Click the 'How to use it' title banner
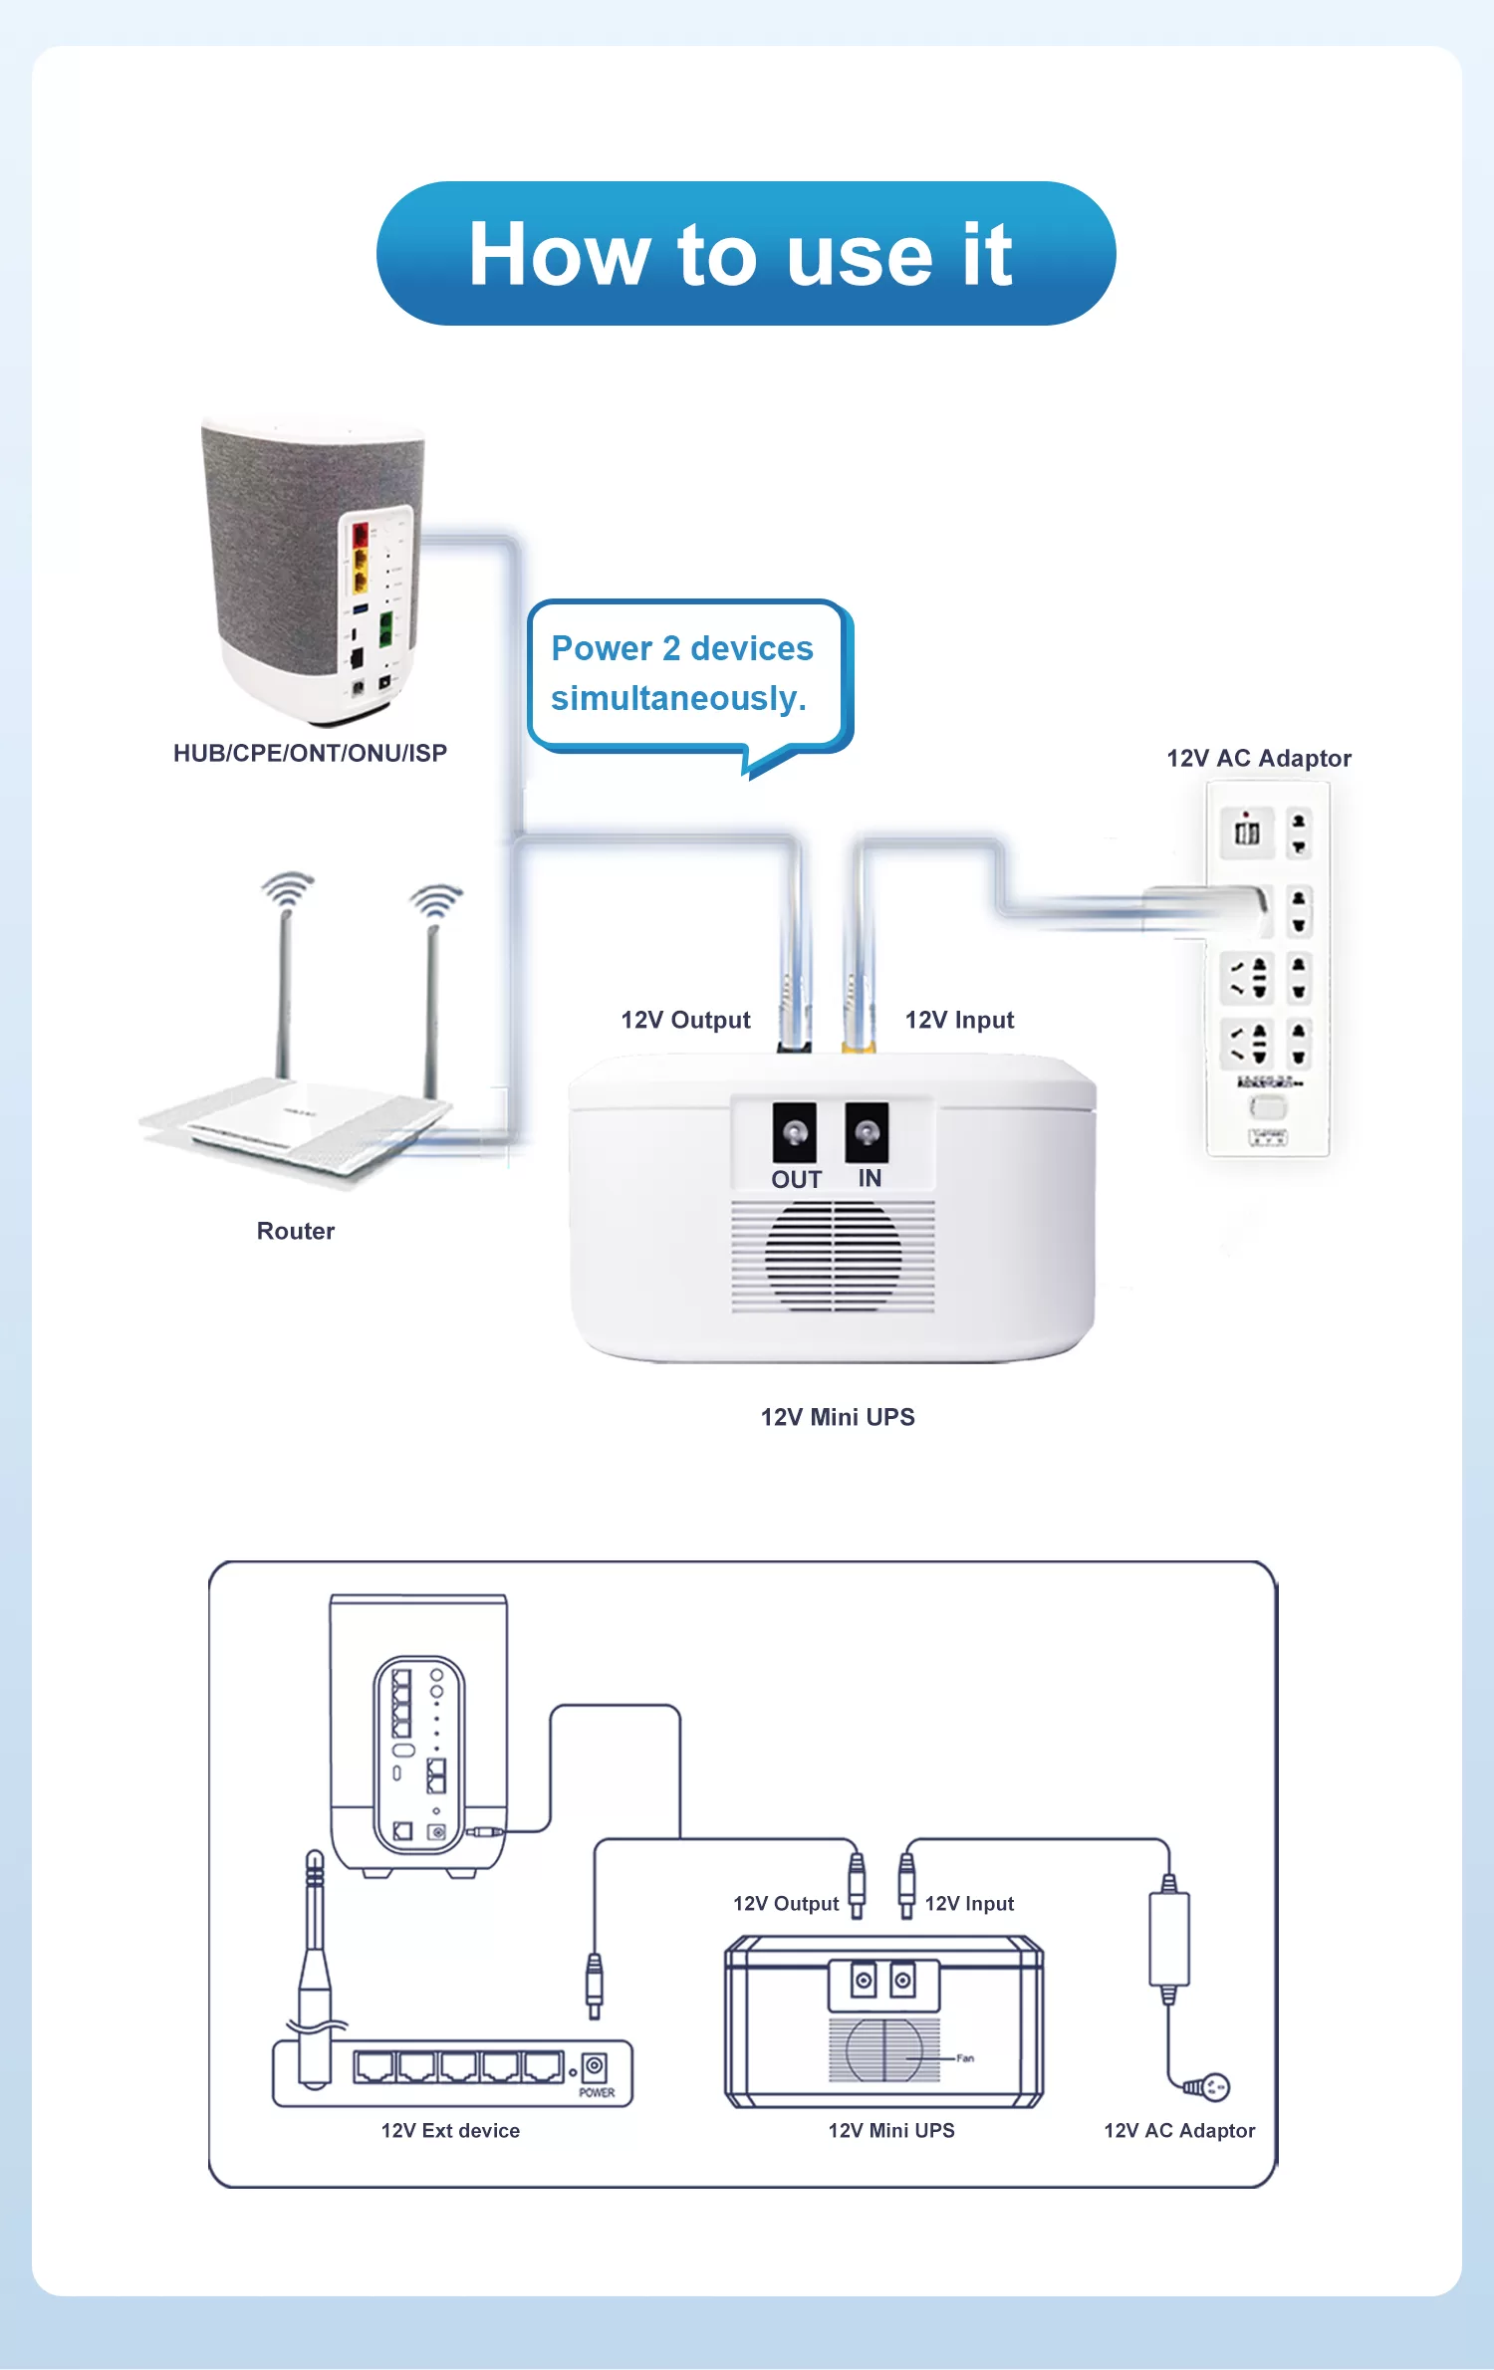click(x=745, y=253)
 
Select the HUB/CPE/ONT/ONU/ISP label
click(x=310, y=753)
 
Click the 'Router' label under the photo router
click(x=296, y=1231)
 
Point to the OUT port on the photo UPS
click(x=794, y=1132)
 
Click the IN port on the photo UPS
click(x=867, y=1132)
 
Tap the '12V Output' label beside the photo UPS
click(x=685, y=1020)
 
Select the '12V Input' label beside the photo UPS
click(x=959, y=1020)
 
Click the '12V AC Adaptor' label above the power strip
click(x=1259, y=759)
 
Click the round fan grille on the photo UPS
click(x=833, y=1257)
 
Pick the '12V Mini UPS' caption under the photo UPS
click(x=838, y=1417)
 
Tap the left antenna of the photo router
click(x=284, y=986)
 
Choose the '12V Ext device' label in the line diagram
click(x=450, y=2130)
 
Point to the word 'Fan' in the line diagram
click(x=965, y=2058)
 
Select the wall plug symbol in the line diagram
click(x=1214, y=2086)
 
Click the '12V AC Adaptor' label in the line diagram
click(x=1179, y=2130)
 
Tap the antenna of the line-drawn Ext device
click(x=315, y=1952)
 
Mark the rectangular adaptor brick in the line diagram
click(x=1169, y=1939)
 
